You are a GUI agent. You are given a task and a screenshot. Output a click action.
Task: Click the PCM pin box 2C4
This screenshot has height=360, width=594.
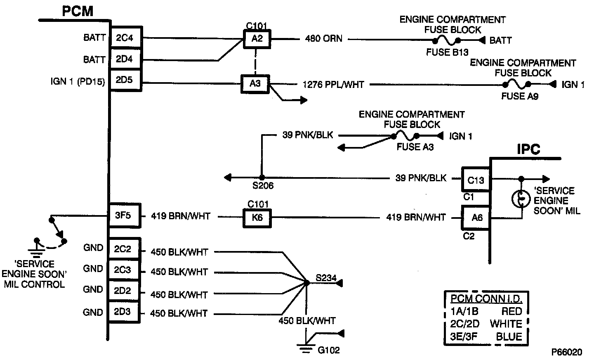point(125,38)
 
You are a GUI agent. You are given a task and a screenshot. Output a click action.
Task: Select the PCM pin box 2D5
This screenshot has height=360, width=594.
point(125,80)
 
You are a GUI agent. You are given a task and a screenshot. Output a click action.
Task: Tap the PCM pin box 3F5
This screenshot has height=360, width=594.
point(125,216)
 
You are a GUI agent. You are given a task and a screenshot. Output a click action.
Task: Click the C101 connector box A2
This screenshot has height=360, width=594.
point(257,40)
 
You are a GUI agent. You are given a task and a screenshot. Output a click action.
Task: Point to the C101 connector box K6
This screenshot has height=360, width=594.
point(257,217)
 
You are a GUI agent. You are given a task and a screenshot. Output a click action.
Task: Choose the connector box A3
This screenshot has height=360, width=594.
point(255,84)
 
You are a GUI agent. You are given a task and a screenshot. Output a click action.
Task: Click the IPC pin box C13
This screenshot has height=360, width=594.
point(476,180)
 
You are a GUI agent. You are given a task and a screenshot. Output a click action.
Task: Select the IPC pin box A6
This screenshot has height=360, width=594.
point(476,217)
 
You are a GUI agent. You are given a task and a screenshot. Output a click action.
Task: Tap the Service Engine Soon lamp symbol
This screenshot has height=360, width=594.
point(521,199)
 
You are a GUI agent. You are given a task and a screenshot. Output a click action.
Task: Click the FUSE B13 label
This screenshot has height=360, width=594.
point(447,52)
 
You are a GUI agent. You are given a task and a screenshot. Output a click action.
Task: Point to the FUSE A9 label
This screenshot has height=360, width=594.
point(520,96)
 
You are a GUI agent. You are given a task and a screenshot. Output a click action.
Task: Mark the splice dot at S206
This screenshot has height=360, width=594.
point(261,178)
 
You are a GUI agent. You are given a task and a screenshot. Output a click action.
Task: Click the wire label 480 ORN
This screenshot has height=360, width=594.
point(323,39)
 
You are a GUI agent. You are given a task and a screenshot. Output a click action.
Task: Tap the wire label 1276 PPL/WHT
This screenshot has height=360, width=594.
point(333,85)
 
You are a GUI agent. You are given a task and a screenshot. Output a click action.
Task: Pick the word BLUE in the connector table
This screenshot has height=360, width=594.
point(509,336)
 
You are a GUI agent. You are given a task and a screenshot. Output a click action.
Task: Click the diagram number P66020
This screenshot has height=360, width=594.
point(567,352)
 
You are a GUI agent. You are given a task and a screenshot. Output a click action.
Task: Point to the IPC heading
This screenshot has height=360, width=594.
point(529,149)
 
